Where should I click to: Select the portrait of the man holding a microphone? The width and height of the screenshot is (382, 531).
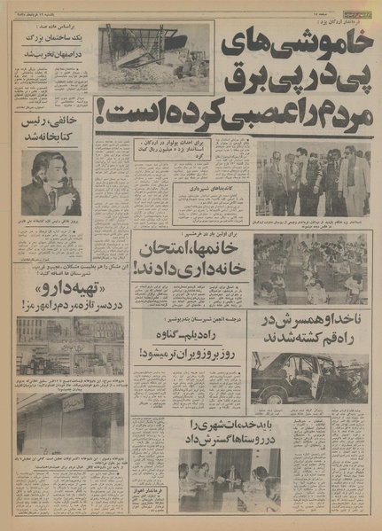pos(51,183)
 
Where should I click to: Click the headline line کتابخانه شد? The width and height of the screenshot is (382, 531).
pos(50,138)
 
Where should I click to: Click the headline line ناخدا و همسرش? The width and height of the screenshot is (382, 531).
pos(312,320)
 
